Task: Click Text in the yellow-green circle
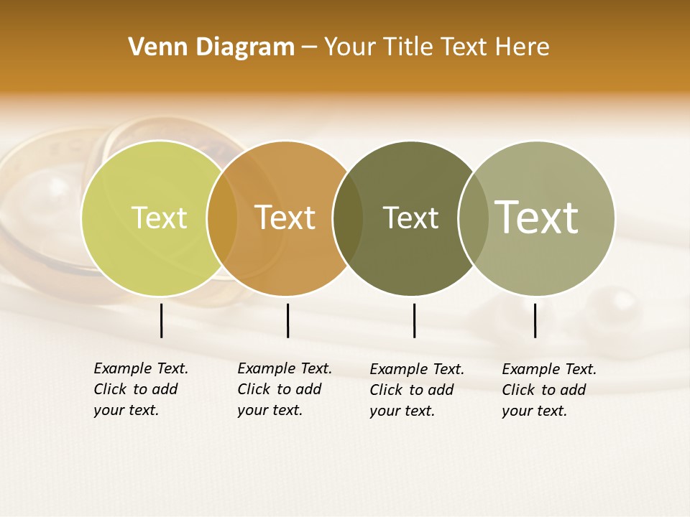click(x=159, y=218)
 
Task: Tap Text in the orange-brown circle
click(x=285, y=218)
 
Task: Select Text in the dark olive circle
click(x=410, y=218)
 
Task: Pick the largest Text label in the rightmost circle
click(x=537, y=218)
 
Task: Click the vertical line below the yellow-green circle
click(x=161, y=320)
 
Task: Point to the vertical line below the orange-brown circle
click(x=287, y=320)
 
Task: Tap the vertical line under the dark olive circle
click(x=414, y=320)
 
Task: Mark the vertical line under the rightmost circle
click(x=535, y=320)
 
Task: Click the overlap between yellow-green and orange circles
click(x=222, y=218)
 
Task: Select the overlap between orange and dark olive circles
click(x=348, y=218)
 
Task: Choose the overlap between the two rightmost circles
click(x=474, y=218)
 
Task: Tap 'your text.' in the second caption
click(x=270, y=410)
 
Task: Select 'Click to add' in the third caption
click(x=412, y=389)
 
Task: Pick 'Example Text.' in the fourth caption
click(x=549, y=369)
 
